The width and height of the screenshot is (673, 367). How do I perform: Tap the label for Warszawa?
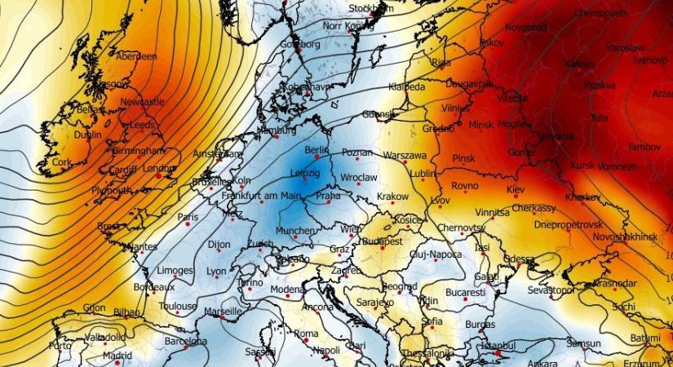[405, 155]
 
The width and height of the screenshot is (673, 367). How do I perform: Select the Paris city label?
[188, 217]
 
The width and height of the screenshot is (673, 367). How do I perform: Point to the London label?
[159, 169]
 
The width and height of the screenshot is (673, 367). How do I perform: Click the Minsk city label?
[482, 125]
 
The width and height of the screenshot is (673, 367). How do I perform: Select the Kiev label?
[516, 189]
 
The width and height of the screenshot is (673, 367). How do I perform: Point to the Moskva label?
[599, 85]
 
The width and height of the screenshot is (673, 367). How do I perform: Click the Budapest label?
[383, 242]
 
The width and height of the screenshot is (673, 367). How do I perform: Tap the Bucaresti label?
[466, 292]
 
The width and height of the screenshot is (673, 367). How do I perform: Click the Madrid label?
[117, 356]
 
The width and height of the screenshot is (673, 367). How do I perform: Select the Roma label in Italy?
[306, 334]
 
